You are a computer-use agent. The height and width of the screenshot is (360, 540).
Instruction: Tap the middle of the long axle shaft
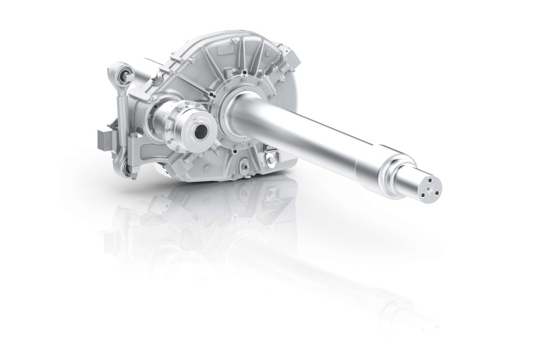[318, 136]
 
